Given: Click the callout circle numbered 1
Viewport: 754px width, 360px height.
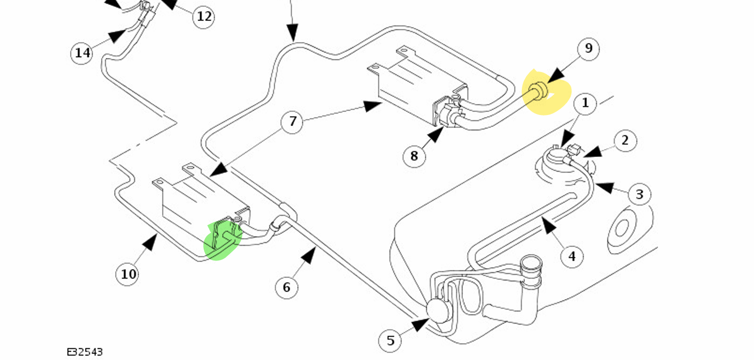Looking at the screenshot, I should tap(585, 103).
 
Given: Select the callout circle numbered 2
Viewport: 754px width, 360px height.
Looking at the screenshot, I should tap(625, 141).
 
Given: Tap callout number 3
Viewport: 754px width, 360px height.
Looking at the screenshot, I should tap(639, 194).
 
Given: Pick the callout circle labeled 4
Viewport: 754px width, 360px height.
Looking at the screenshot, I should tap(571, 256).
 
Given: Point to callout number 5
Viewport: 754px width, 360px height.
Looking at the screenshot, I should tap(390, 340).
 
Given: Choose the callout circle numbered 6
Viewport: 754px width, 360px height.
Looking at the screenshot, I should tap(287, 287).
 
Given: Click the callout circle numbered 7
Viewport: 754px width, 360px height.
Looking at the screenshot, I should tap(293, 122).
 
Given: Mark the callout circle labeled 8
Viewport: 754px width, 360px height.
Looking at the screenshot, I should tap(414, 156).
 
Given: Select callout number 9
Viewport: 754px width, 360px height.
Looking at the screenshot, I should tap(588, 48).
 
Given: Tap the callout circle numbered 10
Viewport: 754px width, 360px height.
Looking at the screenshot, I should tap(128, 274).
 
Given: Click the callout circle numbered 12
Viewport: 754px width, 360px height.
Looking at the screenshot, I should tap(204, 16).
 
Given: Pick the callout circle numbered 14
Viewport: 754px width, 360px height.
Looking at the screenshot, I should tap(82, 52).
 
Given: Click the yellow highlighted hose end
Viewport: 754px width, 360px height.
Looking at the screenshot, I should tap(539, 91).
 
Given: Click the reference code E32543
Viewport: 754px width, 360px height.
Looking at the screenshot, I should tap(85, 352).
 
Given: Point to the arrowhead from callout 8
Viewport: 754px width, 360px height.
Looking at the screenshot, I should tap(437, 134).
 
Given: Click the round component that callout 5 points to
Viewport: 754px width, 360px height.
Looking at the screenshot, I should tap(436, 309).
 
